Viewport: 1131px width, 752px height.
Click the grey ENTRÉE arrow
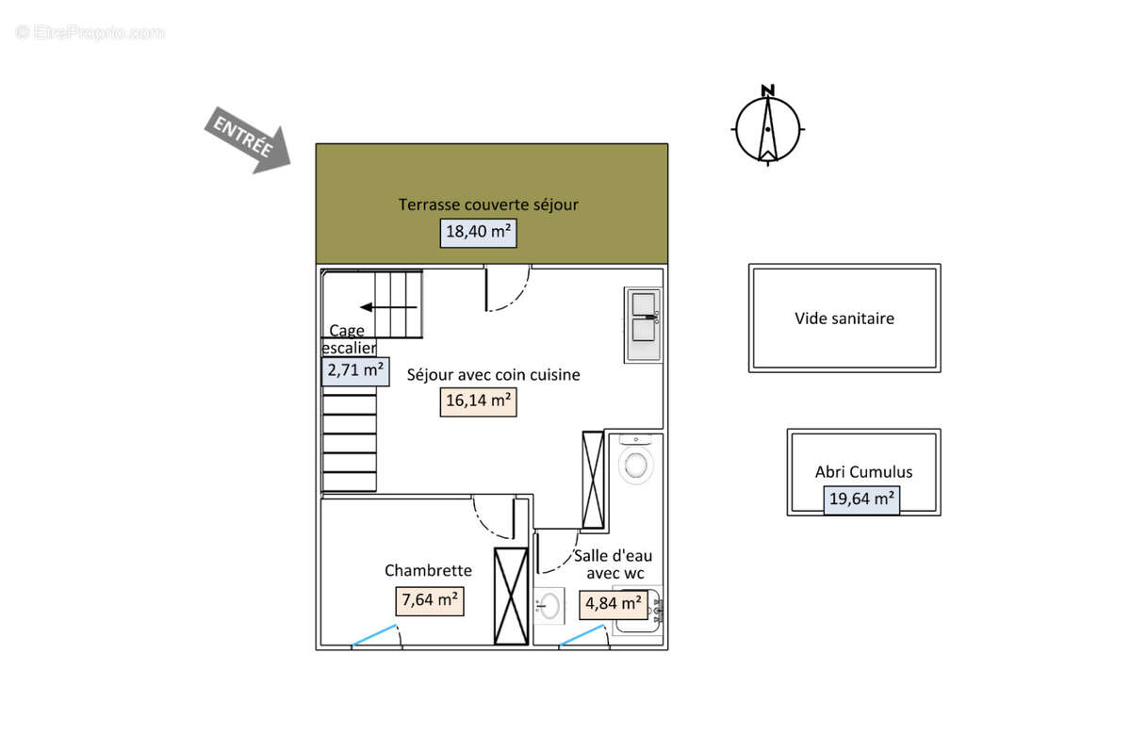[248, 139]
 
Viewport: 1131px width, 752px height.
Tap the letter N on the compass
[767, 90]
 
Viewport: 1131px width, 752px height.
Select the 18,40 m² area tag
[478, 233]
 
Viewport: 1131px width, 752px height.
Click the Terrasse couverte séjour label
[488, 204]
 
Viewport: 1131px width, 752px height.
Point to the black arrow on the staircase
[388, 307]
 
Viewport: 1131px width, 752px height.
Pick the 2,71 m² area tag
[355, 371]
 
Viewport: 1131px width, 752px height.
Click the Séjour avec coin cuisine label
[493, 374]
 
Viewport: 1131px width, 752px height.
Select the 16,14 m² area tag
[478, 401]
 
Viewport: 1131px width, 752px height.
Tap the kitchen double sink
[644, 324]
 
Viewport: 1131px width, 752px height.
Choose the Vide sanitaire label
[844, 319]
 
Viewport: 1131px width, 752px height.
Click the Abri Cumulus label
[863, 472]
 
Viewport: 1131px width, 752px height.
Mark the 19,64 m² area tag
[861, 500]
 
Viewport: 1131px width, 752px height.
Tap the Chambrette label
[428, 570]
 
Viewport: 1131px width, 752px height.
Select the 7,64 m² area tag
[430, 601]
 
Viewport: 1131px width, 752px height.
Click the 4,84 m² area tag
[613, 605]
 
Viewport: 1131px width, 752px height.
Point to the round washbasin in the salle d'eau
[549, 606]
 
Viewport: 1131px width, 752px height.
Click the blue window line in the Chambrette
[374, 635]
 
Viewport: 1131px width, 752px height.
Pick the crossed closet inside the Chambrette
[511, 597]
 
